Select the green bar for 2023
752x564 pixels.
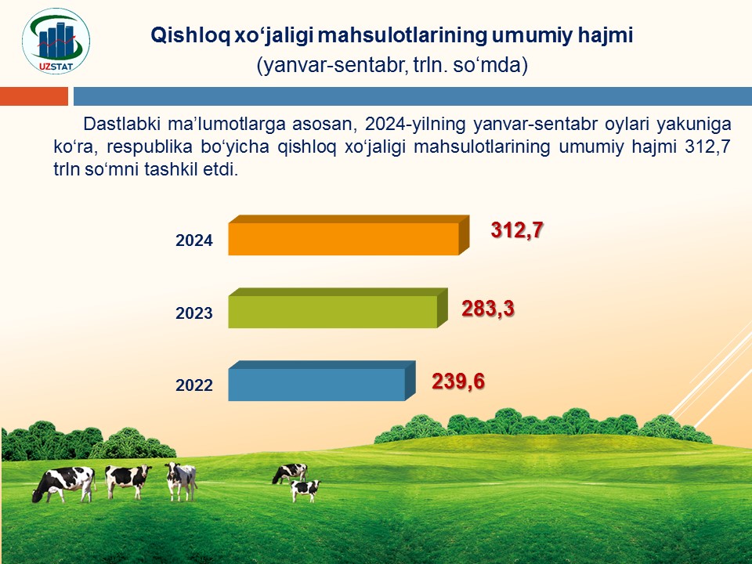[x=338, y=309]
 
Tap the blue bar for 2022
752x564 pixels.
[x=321, y=381]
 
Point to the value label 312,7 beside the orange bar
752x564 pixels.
[x=516, y=230]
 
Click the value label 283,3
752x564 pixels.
[x=488, y=309]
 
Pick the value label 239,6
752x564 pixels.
[x=458, y=381]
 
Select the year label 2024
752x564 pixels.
[x=193, y=240]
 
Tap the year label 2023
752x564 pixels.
[x=193, y=313]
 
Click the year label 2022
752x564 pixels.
[x=193, y=385]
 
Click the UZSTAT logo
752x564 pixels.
[x=56, y=42]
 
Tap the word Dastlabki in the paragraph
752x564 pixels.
[x=122, y=124]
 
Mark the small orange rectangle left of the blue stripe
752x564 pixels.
[x=34, y=96]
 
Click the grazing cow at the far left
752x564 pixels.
[x=63, y=484]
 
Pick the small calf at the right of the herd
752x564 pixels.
[x=305, y=490]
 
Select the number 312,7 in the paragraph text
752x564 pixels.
[x=708, y=146]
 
